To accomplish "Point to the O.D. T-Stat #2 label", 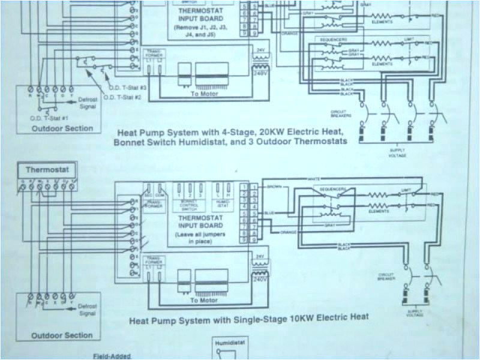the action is pyautogui.click(x=122, y=97).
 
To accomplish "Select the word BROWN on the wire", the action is pyautogui.click(x=276, y=186).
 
